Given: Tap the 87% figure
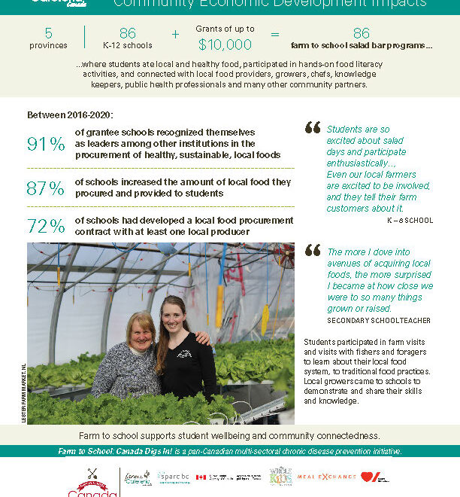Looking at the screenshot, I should click(x=45, y=188).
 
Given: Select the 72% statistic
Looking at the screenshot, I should click(x=45, y=227).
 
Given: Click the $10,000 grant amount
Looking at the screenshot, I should click(x=225, y=44).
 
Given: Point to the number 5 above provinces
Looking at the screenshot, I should click(x=49, y=33).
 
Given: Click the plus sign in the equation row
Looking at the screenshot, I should click(x=175, y=34).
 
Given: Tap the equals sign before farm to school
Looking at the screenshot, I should click(x=275, y=34).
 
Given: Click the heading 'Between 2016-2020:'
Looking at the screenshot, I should click(x=69, y=115).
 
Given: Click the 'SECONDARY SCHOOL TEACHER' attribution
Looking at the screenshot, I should click(x=379, y=320).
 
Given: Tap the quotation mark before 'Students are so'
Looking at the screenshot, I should click(x=312, y=128).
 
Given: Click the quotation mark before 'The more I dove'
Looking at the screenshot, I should click(x=313, y=251).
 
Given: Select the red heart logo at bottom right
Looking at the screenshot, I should click(x=370, y=477).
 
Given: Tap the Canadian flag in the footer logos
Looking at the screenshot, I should click(x=201, y=477).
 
